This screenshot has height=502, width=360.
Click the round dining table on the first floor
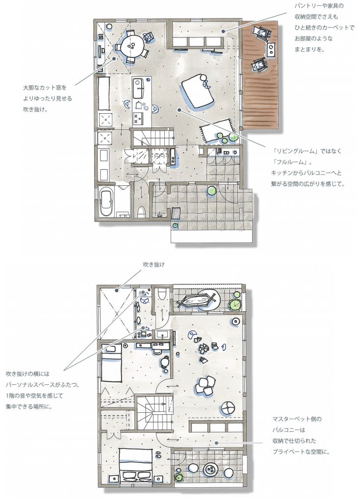pos(132,46)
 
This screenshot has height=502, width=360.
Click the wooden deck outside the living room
pos(260,75)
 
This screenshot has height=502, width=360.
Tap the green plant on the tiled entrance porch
pos(211,191)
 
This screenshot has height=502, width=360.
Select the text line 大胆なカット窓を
pos(45,87)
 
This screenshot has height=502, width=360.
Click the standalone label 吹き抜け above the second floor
pos(154,265)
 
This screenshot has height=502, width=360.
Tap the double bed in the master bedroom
pos(135,465)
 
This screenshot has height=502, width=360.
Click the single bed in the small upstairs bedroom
pos(112,362)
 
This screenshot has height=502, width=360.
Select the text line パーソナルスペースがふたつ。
pos(43,384)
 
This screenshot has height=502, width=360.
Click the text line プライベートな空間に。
pos(301,452)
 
